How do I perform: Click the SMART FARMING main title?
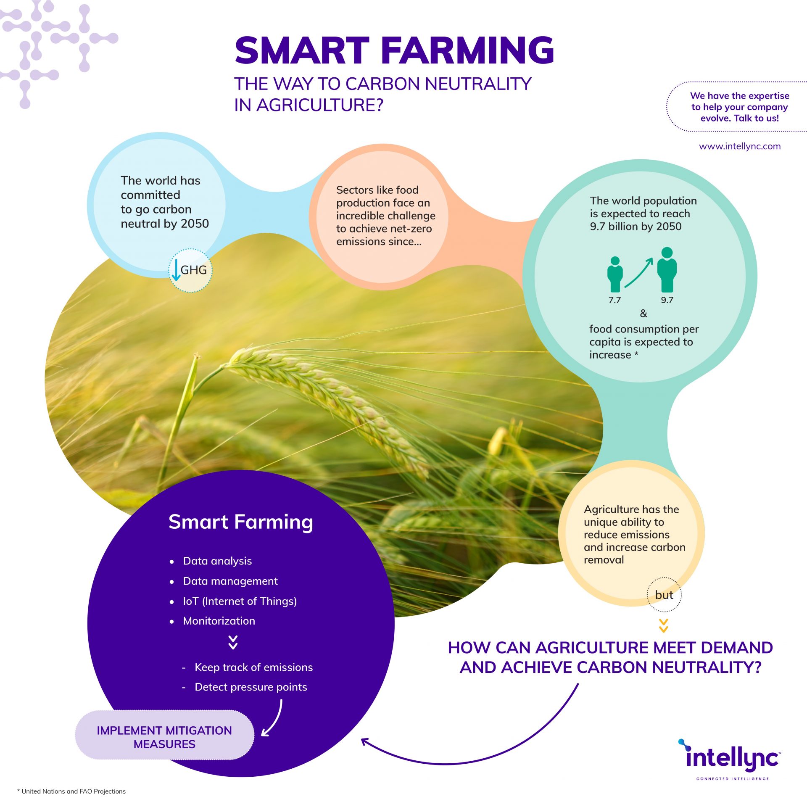point(394,50)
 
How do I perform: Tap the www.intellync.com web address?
point(740,146)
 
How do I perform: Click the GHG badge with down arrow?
point(190,270)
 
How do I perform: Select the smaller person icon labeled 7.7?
point(614,274)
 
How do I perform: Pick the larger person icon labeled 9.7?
point(667,270)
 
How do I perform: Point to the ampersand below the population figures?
point(643,313)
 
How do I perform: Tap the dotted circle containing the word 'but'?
point(664,595)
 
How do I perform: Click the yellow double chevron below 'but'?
point(663,626)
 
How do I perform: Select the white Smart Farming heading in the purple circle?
point(241,522)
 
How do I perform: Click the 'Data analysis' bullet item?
point(217,561)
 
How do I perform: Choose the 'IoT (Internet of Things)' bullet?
point(240,601)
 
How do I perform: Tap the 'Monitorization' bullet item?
point(219,621)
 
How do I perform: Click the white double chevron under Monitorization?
point(233,642)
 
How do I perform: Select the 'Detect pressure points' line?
point(251,687)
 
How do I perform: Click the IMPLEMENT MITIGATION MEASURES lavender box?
point(164,737)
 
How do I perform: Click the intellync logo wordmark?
point(732,759)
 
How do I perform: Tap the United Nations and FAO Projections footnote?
point(72,791)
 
